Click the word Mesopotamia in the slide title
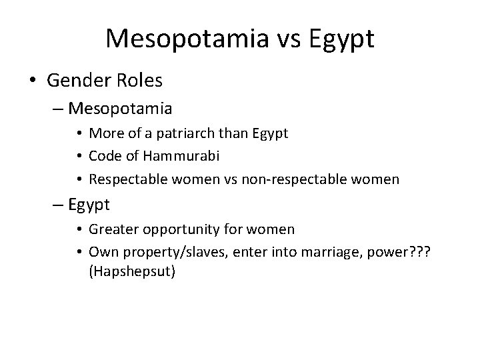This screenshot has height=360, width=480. [x=183, y=39]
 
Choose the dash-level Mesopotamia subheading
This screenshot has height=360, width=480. [x=120, y=108]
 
